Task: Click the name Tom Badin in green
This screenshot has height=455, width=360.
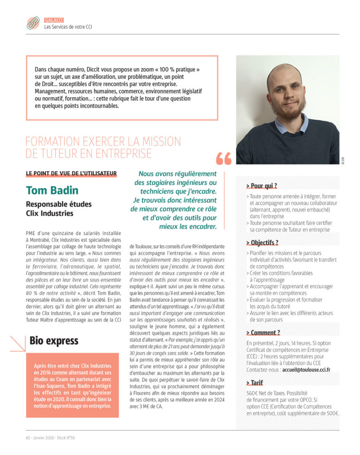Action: (52, 190)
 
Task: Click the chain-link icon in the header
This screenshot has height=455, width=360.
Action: (33, 23)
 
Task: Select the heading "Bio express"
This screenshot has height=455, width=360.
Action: (54, 341)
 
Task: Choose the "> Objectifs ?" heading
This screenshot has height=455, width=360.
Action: (262, 243)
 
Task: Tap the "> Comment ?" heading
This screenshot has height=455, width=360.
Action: (263, 333)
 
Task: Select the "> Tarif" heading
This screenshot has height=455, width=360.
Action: (255, 383)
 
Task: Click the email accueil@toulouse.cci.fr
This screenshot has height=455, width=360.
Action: (306, 370)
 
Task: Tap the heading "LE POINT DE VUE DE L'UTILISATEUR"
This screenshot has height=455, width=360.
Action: (71, 173)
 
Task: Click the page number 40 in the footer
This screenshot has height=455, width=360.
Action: (28, 437)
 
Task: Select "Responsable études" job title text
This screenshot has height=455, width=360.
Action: (59, 204)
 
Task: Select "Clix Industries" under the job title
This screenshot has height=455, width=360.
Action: (50, 213)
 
